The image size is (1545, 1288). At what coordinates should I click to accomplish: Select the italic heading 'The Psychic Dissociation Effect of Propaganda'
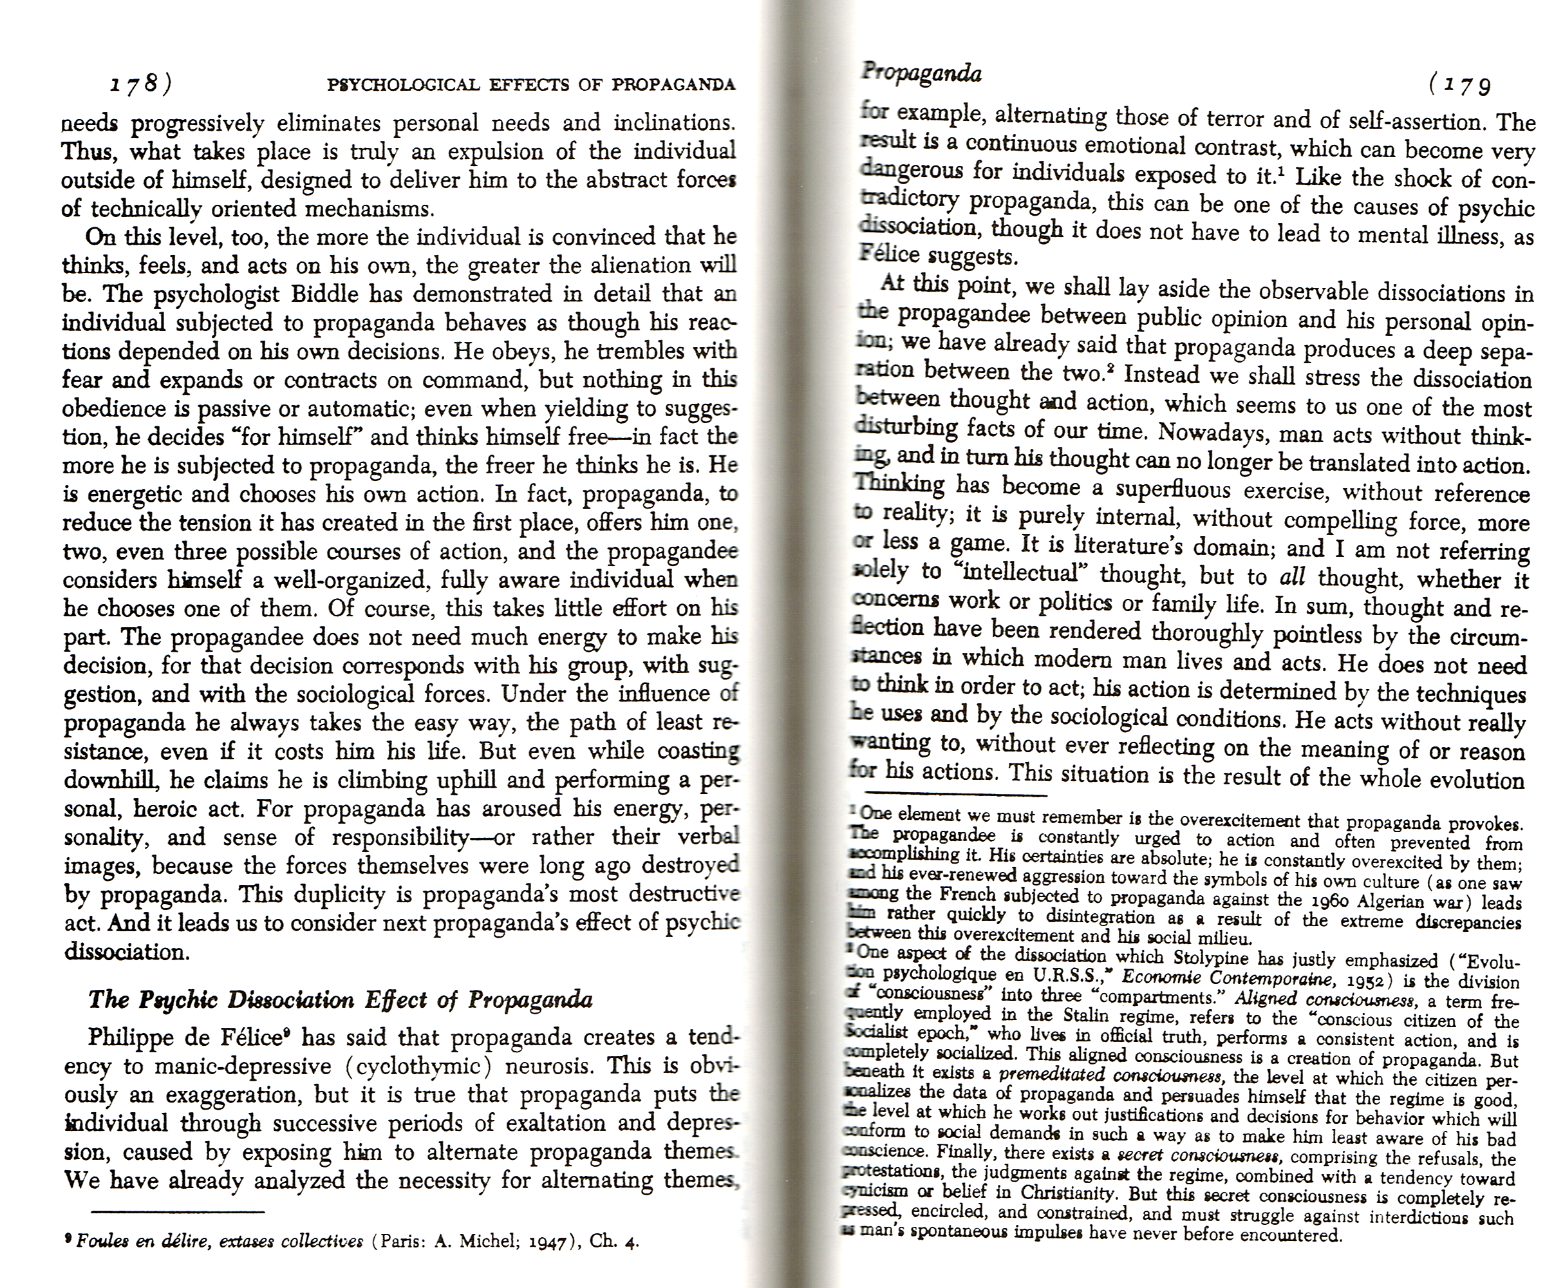pos(340,999)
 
